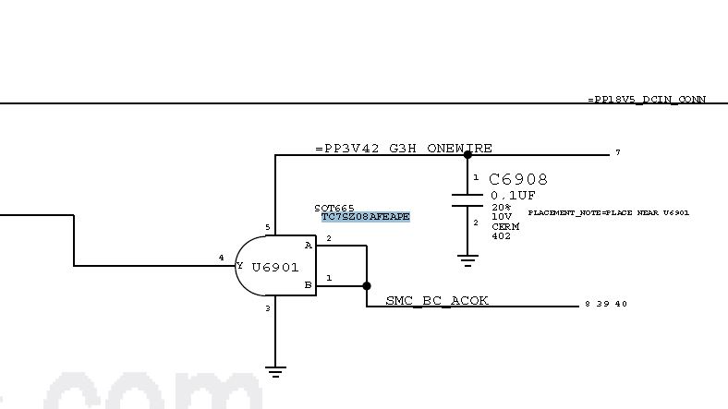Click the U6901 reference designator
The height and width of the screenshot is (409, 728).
[x=274, y=267]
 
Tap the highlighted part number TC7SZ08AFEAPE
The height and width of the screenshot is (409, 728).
[x=365, y=217]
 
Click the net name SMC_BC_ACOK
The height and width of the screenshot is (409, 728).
[x=437, y=300]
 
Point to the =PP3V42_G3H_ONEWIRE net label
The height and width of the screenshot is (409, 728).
[x=403, y=148]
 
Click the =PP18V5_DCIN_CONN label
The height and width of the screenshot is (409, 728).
[x=634, y=99]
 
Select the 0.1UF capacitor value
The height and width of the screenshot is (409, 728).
[x=512, y=195]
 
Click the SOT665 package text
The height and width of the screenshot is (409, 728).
[x=334, y=208]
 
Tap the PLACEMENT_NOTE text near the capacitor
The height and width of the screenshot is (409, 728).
[x=609, y=213]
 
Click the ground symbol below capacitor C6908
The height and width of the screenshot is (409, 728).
[x=467, y=260]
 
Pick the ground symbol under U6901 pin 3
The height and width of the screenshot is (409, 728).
[x=274, y=372]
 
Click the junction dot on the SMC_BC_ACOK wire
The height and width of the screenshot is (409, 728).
[x=367, y=286]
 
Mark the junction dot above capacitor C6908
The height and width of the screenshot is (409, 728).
[x=467, y=155]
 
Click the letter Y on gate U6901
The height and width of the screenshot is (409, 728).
[x=240, y=266]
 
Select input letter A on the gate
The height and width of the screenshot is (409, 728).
[x=308, y=246]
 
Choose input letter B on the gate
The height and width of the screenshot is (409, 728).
[x=308, y=285]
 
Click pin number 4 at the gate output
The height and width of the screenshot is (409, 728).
[x=221, y=258]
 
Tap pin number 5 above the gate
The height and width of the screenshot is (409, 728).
[x=268, y=227]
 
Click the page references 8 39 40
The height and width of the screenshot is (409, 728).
[x=607, y=304]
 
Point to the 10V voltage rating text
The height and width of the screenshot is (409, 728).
[x=501, y=216]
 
